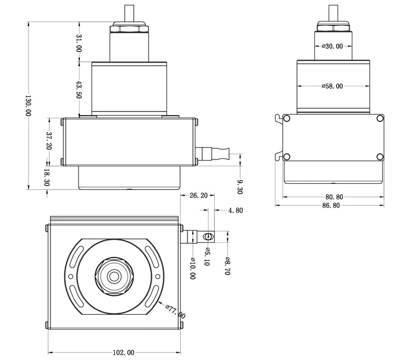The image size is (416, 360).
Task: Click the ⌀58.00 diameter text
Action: (332, 86)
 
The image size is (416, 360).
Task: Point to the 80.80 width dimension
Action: (334, 197)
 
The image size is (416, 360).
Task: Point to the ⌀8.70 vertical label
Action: (228, 266)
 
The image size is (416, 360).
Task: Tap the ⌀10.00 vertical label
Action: (193, 268)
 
